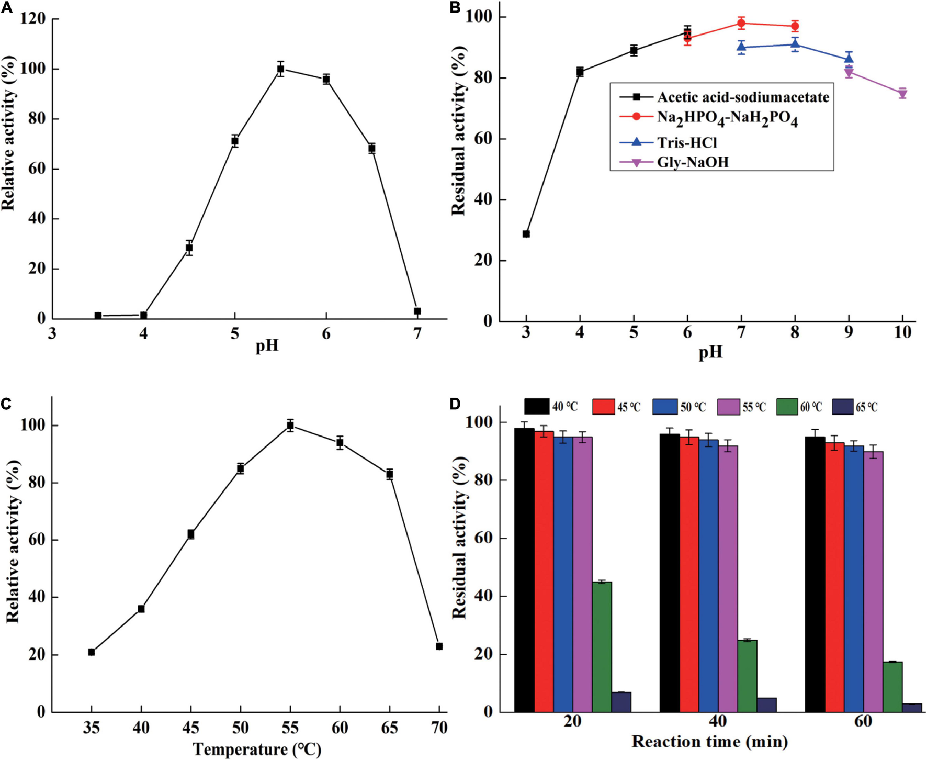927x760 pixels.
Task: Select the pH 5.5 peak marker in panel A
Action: (280, 69)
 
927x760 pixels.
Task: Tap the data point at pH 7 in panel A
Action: (417, 311)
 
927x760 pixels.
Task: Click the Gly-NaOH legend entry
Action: (692, 162)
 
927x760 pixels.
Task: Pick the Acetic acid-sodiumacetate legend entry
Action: (742, 97)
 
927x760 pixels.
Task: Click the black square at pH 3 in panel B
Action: (526, 234)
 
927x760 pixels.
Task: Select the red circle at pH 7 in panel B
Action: (741, 23)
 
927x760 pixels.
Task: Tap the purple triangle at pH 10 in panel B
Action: (902, 94)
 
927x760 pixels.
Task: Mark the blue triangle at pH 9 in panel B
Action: (849, 58)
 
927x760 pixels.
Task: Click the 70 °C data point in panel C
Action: (439, 646)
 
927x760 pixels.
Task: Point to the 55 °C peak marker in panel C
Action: (290, 426)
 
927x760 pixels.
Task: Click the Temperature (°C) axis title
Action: (257, 749)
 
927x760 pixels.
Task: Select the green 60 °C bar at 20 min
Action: (602, 647)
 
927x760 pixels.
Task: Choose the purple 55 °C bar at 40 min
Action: (728, 579)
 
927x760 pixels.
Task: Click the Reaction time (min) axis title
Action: (709, 742)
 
